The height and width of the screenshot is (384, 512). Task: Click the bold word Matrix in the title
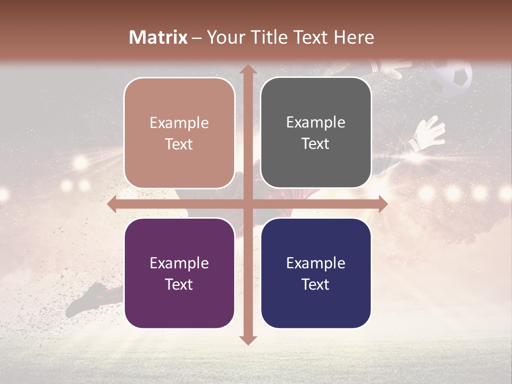click(x=158, y=37)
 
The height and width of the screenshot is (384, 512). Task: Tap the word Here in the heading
click(x=354, y=37)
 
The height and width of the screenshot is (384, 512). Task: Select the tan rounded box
click(x=179, y=133)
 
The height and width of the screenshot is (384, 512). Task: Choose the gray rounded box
click(x=316, y=133)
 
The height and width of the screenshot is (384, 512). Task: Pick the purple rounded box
click(x=179, y=273)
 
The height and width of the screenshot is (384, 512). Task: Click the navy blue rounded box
click(x=316, y=273)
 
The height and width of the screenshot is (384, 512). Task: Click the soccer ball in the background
click(x=451, y=78)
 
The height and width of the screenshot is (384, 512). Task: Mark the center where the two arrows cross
click(x=247, y=204)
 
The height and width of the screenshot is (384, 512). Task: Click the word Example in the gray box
click(x=316, y=123)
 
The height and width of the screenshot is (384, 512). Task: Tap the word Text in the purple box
click(x=179, y=284)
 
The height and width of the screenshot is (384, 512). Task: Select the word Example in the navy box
click(x=316, y=263)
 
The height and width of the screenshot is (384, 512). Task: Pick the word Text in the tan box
click(x=179, y=144)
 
